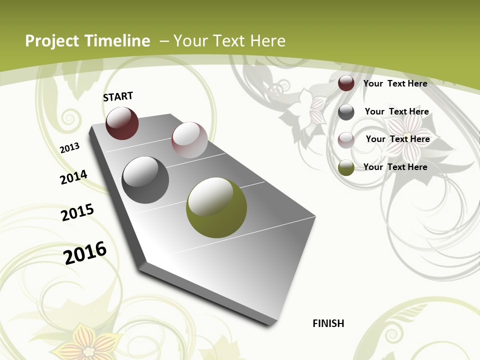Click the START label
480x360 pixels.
[x=118, y=96]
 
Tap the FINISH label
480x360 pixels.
[x=328, y=323]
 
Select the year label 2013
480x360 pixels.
[x=70, y=148]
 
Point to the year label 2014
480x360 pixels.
[x=73, y=177]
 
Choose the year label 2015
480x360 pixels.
[x=77, y=212]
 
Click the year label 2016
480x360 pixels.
[x=85, y=252]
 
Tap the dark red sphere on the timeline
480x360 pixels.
[x=122, y=123]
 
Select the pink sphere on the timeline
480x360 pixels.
[x=189, y=139]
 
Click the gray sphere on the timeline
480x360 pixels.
[x=145, y=180]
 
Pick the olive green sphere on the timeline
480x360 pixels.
[x=216, y=207]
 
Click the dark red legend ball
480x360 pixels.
[x=346, y=83]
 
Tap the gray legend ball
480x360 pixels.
[x=346, y=112]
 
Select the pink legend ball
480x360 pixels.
[x=346, y=139]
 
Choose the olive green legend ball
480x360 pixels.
[x=346, y=167]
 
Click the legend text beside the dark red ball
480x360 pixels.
[x=395, y=83]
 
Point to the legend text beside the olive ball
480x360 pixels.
[x=395, y=167]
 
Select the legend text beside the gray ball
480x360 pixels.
[x=396, y=111]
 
